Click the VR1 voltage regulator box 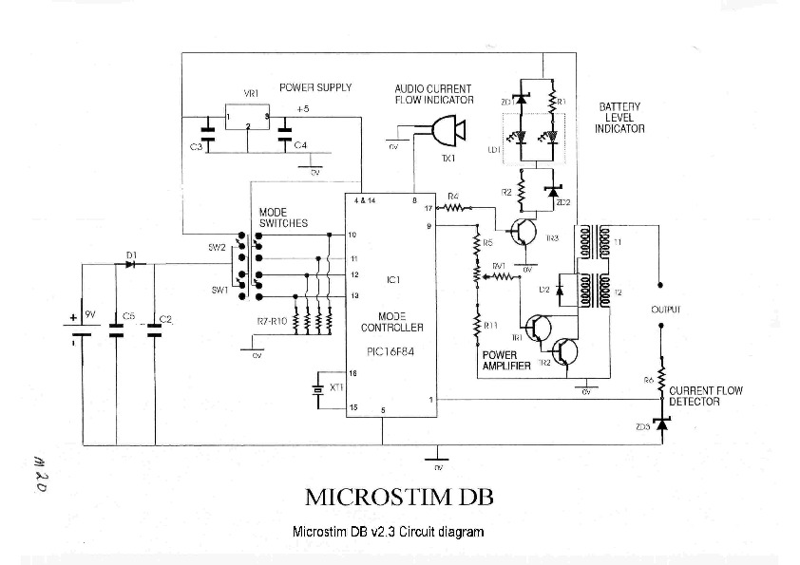click(247, 116)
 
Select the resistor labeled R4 click(454, 206)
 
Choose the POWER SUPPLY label click(315, 87)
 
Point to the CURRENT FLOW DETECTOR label click(706, 396)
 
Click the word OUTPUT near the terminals click(665, 310)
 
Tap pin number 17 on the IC click(429, 207)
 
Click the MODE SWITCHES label click(283, 217)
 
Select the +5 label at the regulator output click(302, 110)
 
